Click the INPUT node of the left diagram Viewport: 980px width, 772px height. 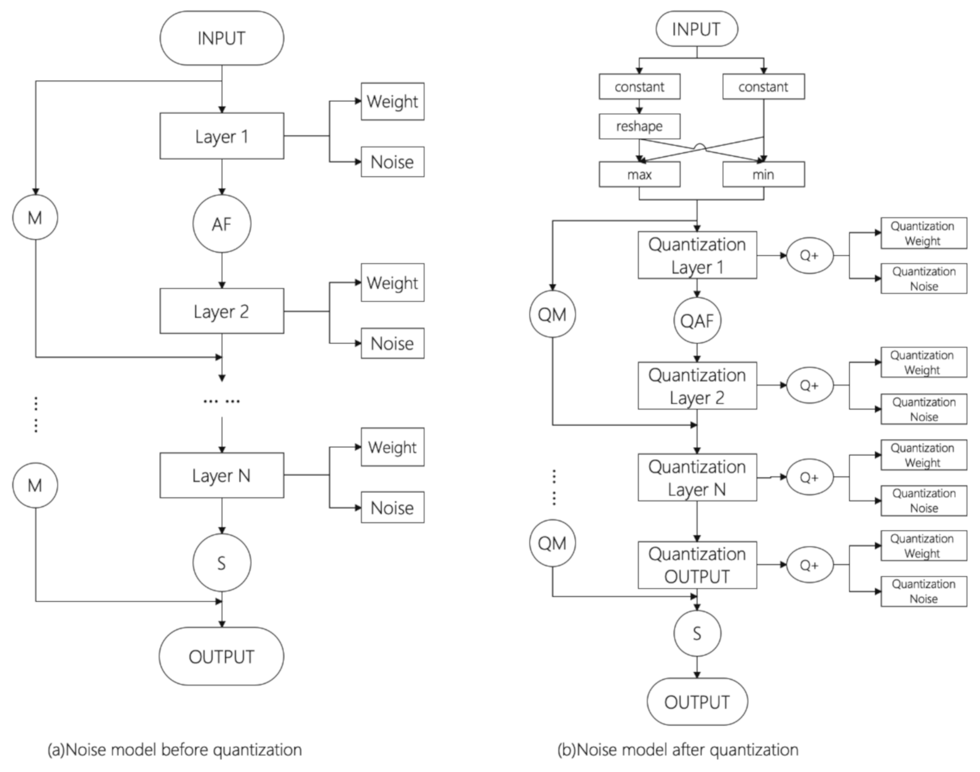point(221,38)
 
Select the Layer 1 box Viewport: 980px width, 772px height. point(221,136)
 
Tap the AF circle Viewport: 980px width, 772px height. point(221,224)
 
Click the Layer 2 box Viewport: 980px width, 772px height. point(221,311)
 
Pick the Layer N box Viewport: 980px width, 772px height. point(221,475)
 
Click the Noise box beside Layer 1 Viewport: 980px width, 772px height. point(392,162)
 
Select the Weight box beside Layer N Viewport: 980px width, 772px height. point(392,447)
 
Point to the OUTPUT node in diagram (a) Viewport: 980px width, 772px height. point(221,656)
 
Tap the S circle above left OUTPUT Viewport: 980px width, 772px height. point(221,562)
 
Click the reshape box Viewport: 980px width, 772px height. point(639,126)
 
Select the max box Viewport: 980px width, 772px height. point(639,175)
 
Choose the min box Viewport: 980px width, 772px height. point(763,175)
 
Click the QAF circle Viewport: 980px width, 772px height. point(697,320)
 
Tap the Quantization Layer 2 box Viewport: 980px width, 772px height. point(697,386)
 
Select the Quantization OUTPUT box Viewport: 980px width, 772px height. point(697,565)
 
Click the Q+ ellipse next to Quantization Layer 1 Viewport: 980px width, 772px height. point(809,255)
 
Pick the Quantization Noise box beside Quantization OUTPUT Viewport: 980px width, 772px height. point(923,591)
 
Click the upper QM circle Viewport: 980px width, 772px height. point(551,315)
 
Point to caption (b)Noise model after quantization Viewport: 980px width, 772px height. point(678,749)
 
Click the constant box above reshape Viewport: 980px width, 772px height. point(639,87)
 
